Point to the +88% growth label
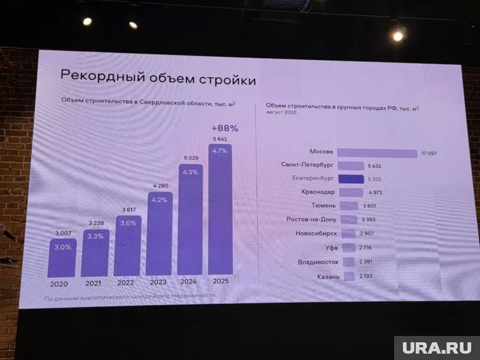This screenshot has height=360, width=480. (x=224, y=128)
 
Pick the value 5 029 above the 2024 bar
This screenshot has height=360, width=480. (x=190, y=158)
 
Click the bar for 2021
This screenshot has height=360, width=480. (x=95, y=253)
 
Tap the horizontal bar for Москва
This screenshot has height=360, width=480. (x=376, y=152)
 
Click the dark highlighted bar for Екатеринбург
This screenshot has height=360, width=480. (x=351, y=179)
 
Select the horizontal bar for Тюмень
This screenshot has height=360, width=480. (x=348, y=206)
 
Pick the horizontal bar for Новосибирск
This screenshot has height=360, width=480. (x=346, y=234)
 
